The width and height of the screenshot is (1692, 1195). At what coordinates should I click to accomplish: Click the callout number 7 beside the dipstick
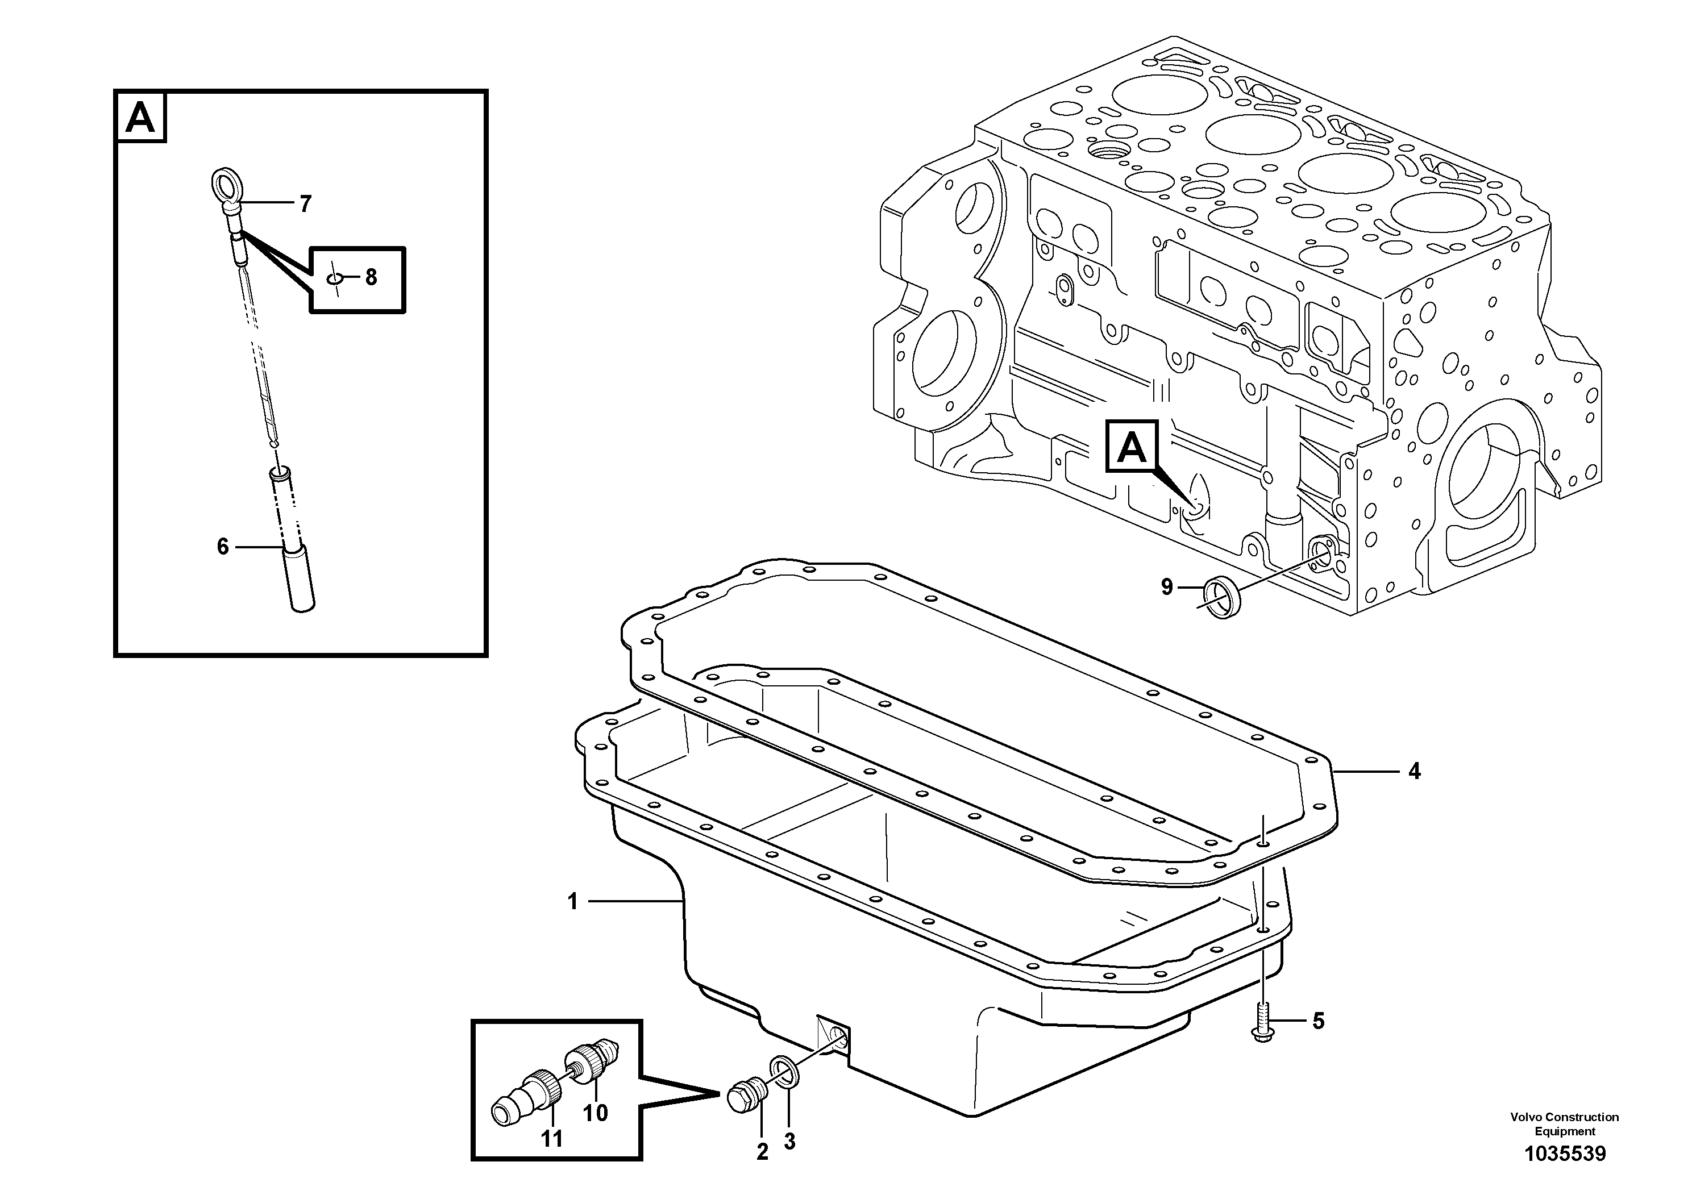pyautogui.click(x=305, y=204)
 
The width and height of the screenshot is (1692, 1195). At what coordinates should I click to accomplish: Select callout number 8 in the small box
pyautogui.click(x=371, y=277)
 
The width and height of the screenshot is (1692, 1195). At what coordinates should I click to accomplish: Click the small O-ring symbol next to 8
pyautogui.click(x=335, y=278)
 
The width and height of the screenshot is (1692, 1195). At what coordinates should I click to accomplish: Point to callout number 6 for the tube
pyautogui.click(x=223, y=546)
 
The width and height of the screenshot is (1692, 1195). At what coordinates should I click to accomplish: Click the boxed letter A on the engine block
pyautogui.click(x=1131, y=447)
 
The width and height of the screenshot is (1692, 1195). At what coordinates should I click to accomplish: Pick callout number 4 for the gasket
pyautogui.click(x=1414, y=771)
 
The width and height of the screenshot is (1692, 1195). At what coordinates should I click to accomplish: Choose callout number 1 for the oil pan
pyautogui.click(x=572, y=901)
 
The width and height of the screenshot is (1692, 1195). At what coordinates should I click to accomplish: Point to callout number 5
pyautogui.click(x=1319, y=1021)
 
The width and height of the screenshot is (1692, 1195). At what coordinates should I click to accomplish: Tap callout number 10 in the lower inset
pyautogui.click(x=596, y=1113)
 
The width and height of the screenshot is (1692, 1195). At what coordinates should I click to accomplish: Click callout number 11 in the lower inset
pyautogui.click(x=551, y=1139)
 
